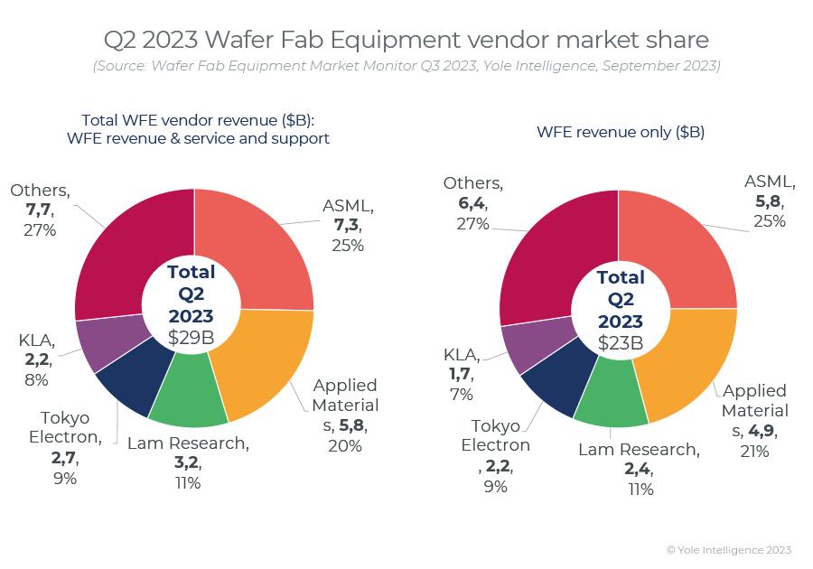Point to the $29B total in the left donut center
tap(192, 338)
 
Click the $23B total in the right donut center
tap(621, 343)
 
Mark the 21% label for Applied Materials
tap(755, 451)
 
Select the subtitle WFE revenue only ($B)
tap(621, 132)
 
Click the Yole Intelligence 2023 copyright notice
tap(729, 549)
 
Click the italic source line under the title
tap(406, 66)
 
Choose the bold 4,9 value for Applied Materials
tap(758, 431)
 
